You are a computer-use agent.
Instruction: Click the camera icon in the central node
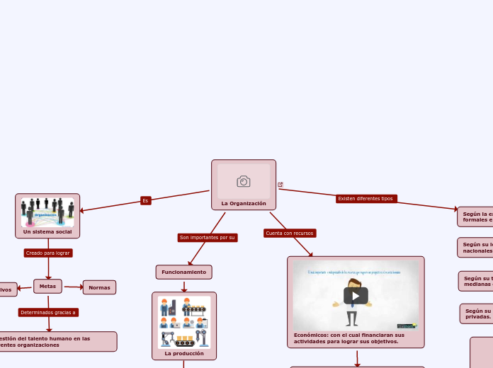pos(244,182)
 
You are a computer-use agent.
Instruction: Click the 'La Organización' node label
pos(244,203)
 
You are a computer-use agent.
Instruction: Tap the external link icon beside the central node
pos(280,185)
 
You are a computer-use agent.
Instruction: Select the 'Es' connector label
pos(145,200)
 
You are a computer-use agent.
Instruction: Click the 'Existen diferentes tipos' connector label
pos(366,198)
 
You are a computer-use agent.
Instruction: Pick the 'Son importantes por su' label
pos(207,238)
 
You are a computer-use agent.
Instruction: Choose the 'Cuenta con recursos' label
pos(290,233)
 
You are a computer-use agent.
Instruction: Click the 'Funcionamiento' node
pos(183,272)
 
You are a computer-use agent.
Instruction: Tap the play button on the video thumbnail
pos(356,296)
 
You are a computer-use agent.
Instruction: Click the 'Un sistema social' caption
pos(47,231)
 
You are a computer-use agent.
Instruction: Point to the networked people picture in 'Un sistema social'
pos(47,211)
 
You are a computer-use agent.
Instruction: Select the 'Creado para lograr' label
pos(48,253)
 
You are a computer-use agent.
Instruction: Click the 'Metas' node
pos(47,286)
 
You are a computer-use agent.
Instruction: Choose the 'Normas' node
pos(99,287)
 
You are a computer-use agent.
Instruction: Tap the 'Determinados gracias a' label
pos(48,312)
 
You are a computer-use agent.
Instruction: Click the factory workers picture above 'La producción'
pos(183,322)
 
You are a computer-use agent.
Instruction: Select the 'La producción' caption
pos(183,353)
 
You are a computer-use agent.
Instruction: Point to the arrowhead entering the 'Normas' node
pos(81,287)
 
